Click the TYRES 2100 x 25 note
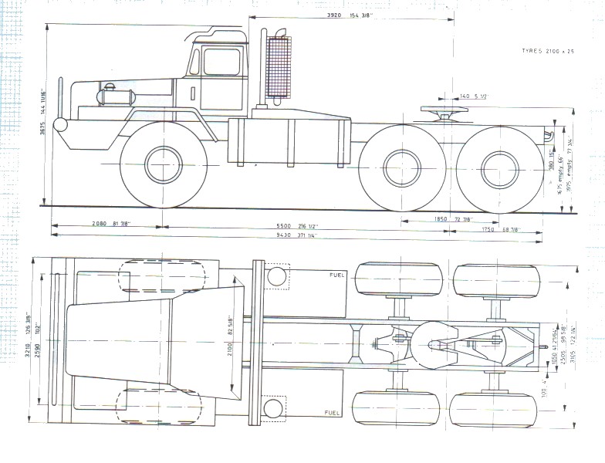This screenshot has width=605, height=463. click(x=549, y=51)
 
